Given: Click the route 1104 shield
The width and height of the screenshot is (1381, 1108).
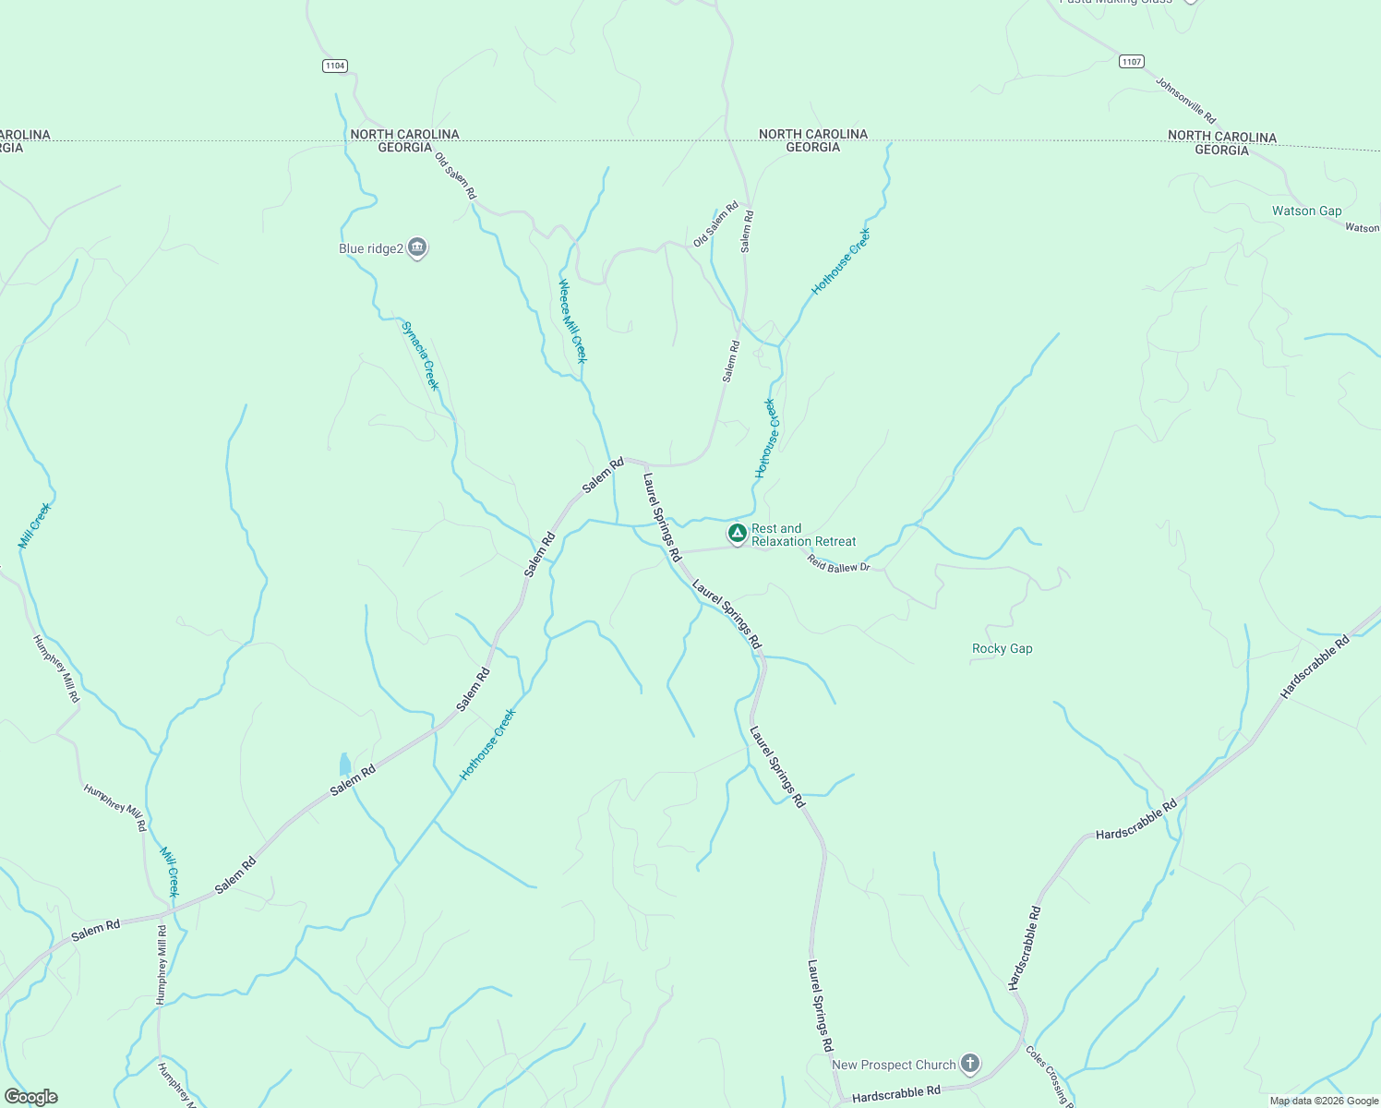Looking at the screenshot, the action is point(335,66).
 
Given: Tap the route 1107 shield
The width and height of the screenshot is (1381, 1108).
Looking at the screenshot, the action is point(1132,62).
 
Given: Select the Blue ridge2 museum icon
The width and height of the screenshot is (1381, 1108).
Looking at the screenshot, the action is point(417,247).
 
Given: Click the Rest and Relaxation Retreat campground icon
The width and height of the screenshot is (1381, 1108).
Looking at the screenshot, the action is point(737,533).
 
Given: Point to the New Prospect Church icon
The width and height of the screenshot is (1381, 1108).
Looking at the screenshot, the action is point(969,1064).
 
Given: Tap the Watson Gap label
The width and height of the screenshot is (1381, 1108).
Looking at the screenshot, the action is point(1306,211).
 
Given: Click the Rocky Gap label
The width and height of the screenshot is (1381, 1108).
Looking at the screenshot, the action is point(1002,649).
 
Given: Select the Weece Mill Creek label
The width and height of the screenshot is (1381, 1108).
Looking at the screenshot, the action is point(572,321).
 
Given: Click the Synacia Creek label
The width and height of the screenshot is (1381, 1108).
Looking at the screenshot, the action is point(420,355).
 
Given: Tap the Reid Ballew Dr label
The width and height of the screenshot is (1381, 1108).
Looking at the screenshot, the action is point(838,564).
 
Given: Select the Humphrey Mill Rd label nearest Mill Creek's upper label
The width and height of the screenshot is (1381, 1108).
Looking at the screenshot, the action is point(57,668).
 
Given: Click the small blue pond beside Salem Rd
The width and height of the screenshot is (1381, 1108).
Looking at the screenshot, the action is point(344,764).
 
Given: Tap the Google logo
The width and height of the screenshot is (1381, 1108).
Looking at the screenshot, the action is point(30,1097).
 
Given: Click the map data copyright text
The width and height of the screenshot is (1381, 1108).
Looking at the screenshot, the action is point(1324,1101).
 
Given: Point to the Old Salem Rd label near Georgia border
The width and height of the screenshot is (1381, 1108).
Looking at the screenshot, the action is point(455,175).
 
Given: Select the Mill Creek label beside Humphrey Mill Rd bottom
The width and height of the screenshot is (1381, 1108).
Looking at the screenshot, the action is point(169,872).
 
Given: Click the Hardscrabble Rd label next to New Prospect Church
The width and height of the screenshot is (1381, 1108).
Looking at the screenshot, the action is point(895,1095).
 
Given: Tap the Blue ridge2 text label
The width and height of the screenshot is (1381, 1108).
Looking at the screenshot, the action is point(371,249).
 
